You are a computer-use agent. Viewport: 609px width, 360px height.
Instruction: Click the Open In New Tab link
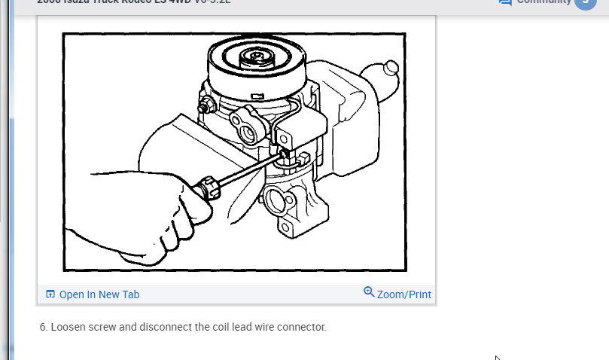tap(99, 294)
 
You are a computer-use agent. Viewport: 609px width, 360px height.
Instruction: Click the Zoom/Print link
tap(403, 294)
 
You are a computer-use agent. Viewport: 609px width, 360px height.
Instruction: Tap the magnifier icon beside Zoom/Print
tap(369, 292)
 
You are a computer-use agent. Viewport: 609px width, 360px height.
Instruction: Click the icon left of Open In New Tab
tap(50, 294)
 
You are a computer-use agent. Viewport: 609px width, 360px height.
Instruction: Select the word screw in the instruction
tap(101, 328)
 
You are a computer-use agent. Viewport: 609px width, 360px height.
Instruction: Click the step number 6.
tap(43, 328)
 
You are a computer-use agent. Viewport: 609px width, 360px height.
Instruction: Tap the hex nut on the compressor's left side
tap(204, 107)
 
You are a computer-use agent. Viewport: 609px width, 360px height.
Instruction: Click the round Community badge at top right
tap(585, 2)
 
